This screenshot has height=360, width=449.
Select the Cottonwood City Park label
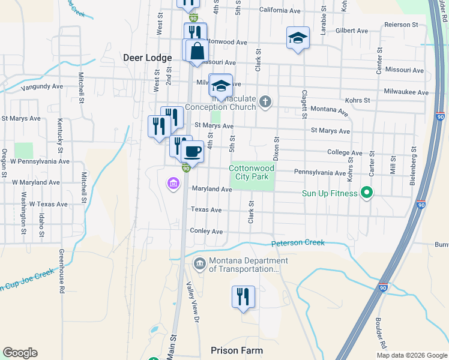pos(252,173)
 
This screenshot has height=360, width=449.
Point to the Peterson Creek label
pos(298,243)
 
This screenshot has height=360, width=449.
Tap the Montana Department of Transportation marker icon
pos(199,263)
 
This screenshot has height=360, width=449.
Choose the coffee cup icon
pos(193,151)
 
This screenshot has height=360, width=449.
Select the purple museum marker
pos(174,183)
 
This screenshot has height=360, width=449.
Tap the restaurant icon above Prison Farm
pos(243,296)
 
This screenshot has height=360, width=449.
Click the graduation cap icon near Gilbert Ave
pos(298,38)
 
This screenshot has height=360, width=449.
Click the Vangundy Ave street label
pos(42,86)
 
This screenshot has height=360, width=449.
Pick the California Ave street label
pos(280,11)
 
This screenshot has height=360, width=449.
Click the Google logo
pos(20,353)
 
